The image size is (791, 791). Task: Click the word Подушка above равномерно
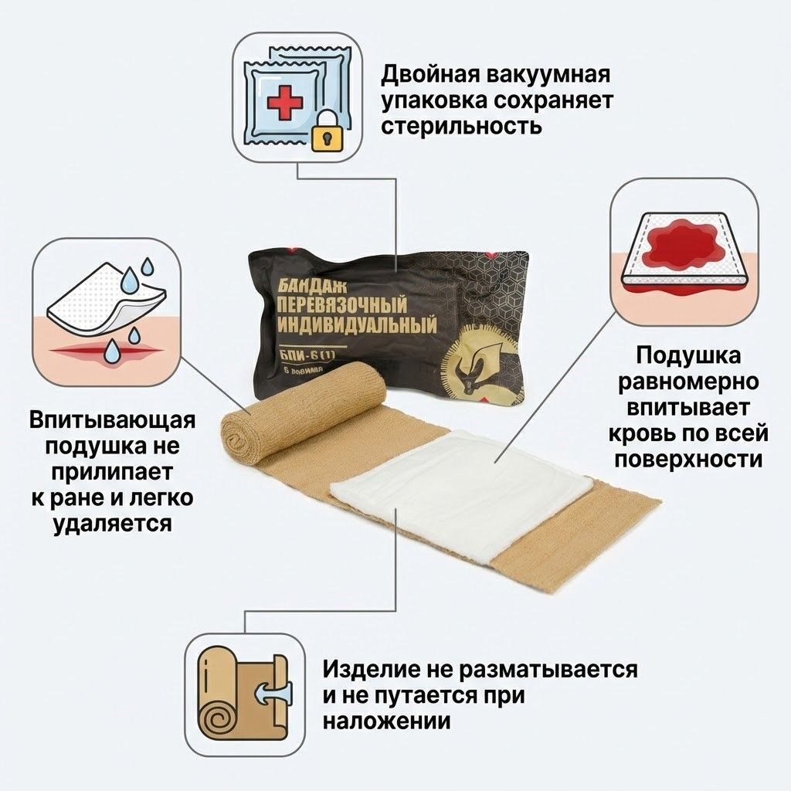pyautogui.click(x=690, y=356)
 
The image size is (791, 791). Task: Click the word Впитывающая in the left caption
pyautogui.click(x=113, y=421)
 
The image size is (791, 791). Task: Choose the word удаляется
pyautogui.click(x=113, y=525)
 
